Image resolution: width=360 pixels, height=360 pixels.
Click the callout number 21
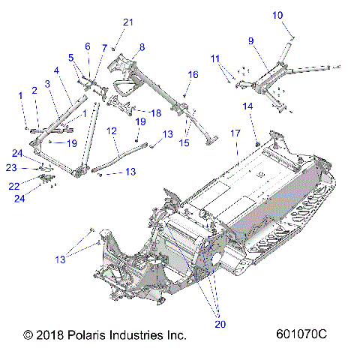128,22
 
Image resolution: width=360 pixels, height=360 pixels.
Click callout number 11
215,58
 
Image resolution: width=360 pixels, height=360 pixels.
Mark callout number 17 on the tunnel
235,133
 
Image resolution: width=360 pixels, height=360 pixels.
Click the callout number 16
193,75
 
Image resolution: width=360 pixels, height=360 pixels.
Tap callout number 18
156,112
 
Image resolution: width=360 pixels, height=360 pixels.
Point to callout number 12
111,130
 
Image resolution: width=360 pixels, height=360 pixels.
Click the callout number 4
57,71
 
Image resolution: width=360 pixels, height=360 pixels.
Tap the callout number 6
88,46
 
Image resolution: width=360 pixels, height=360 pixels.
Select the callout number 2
34,91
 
